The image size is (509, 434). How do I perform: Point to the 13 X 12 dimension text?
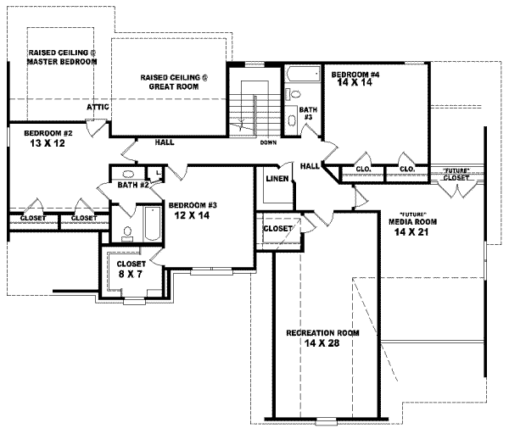47,144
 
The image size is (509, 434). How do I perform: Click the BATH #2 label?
133,185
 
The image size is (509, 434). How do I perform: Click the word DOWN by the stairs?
268,142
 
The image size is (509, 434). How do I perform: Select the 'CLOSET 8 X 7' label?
131,269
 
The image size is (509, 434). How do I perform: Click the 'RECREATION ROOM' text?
322,332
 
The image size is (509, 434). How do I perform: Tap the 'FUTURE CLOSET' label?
456,175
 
